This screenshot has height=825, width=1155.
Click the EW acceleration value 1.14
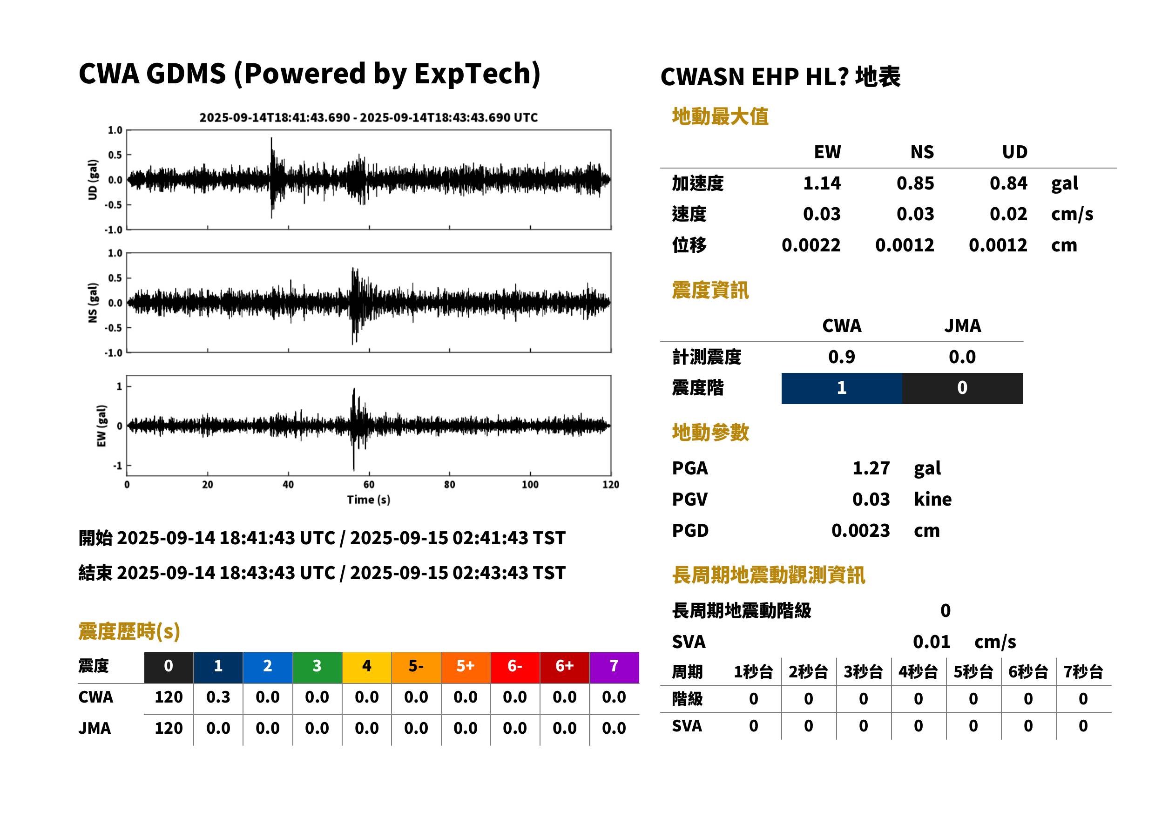[x=821, y=183]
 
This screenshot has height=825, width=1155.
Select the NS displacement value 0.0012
[x=904, y=245]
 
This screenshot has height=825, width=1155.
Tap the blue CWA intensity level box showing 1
[x=841, y=388]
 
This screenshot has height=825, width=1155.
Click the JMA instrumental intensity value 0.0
[x=962, y=357]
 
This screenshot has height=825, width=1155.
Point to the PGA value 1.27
[x=871, y=468]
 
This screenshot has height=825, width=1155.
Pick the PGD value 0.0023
[x=860, y=530]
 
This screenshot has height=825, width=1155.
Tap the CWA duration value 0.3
[x=218, y=697]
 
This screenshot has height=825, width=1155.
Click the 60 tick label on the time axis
[x=369, y=485]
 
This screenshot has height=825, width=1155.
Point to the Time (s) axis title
[x=369, y=500]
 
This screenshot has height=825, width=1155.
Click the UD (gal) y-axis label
[x=93, y=180]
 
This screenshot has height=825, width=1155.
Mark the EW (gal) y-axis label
[x=101, y=426]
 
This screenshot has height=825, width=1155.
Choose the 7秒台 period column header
[x=1083, y=672]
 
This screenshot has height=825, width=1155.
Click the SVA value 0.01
[x=931, y=642]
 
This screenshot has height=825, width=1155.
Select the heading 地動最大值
[x=720, y=116]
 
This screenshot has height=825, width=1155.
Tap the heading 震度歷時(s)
[x=129, y=631]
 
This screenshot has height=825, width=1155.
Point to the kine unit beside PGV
[x=932, y=500]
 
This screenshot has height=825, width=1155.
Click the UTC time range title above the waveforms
[x=368, y=118]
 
